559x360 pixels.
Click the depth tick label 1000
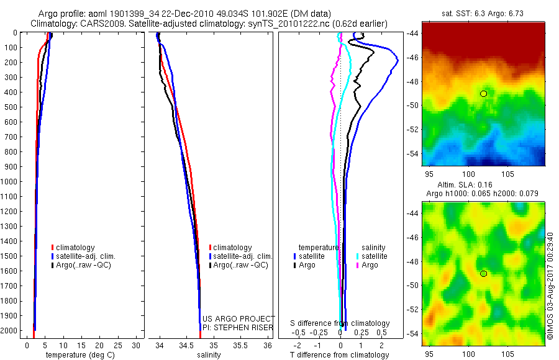click(x=11, y=182)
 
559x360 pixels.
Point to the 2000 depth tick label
click(x=11, y=331)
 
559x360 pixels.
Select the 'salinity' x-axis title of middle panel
click(x=209, y=355)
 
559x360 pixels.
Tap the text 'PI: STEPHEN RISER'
click(x=239, y=326)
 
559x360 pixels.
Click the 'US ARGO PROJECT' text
click(x=239, y=318)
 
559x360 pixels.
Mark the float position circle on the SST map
click(x=483, y=93)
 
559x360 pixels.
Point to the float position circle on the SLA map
click(x=483, y=274)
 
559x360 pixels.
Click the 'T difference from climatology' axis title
click(x=339, y=355)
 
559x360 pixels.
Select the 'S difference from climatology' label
click(x=340, y=323)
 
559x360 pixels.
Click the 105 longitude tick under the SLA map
click(x=507, y=354)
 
